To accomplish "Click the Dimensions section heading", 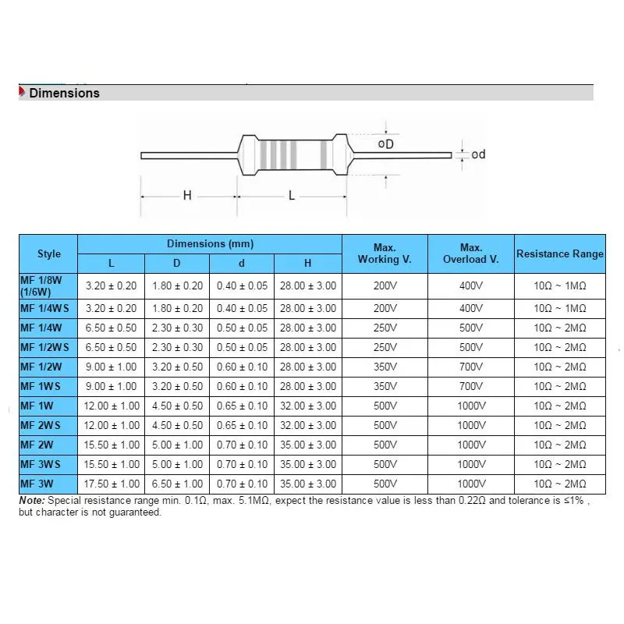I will [64, 93].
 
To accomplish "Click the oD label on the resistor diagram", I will [385, 145].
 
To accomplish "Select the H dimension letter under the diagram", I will [187, 196].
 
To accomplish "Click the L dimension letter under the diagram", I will [292, 196].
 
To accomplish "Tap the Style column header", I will [48, 253].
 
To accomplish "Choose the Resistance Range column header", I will [559, 253].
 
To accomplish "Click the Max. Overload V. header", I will [471, 253].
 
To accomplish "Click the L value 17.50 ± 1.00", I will [111, 484].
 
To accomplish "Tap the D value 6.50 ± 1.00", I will [176, 484].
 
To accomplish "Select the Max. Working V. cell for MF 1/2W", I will [385, 367].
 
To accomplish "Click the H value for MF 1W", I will [309, 406].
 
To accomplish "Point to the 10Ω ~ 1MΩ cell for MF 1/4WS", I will [559, 308].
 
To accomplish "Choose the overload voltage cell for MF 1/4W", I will [471, 328].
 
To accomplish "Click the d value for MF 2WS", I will [242, 425].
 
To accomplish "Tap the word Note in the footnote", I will [32, 500].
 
